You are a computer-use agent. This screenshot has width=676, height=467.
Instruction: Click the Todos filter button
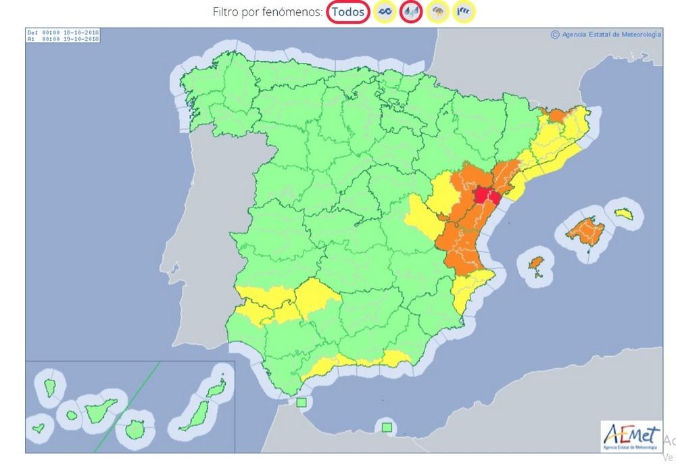(349, 11)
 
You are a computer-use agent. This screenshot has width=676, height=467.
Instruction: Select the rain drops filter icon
(411, 11)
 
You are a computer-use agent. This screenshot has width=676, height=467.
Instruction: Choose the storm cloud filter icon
(438, 11)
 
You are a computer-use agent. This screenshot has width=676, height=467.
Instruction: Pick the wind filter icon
(464, 11)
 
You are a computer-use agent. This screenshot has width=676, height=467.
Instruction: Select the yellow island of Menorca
(623, 213)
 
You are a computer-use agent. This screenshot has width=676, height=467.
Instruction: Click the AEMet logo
(631, 435)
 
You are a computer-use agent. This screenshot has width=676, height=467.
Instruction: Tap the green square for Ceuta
(301, 403)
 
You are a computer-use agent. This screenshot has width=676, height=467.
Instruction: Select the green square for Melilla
(386, 426)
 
